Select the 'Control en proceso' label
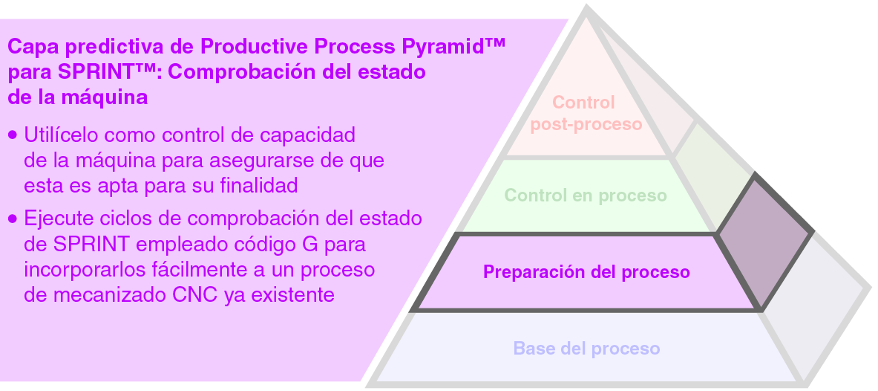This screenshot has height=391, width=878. [586, 195]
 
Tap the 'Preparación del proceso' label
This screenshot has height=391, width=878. [586, 272]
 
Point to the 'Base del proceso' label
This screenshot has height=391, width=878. [586, 348]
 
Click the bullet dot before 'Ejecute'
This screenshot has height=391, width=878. [13, 219]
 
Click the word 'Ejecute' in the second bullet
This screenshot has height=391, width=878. [55, 219]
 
